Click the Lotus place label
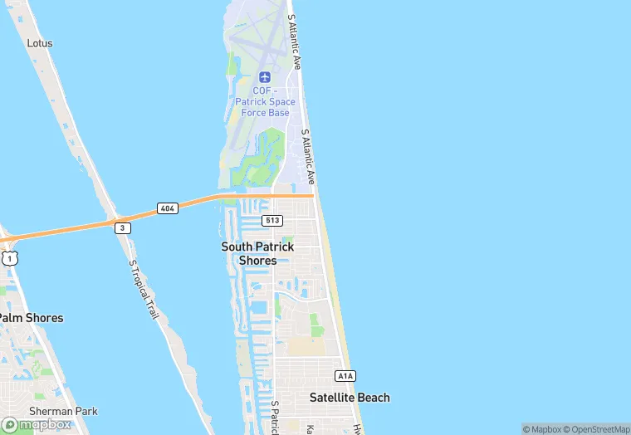(x=39, y=42)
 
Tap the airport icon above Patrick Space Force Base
(x=264, y=77)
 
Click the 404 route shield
(x=167, y=208)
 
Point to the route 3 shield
(x=123, y=227)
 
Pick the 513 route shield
(x=271, y=220)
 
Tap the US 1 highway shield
(x=9, y=258)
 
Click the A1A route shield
(x=345, y=375)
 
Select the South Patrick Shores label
(x=257, y=253)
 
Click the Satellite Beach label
(x=350, y=398)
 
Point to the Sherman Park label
(x=63, y=411)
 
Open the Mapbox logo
(x=37, y=423)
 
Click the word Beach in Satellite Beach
(x=373, y=398)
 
